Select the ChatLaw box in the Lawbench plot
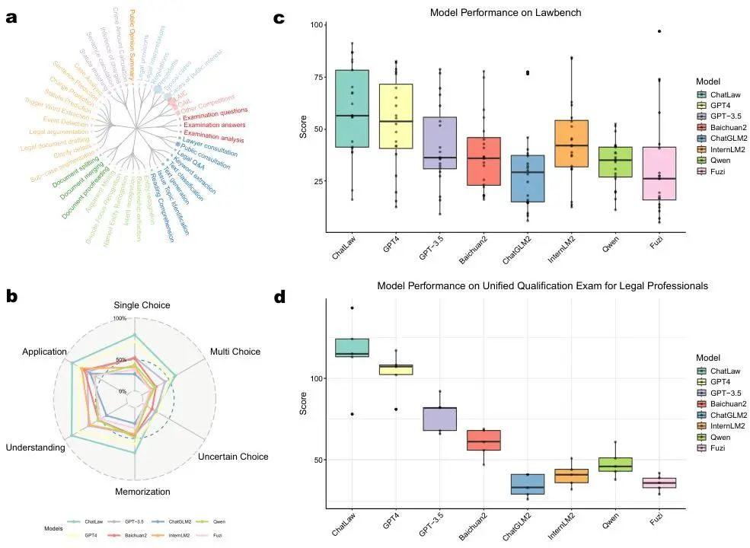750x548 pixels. [x=352, y=109]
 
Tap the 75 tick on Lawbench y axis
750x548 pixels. [x=314, y=77]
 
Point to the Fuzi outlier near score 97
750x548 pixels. [x=659, y=31]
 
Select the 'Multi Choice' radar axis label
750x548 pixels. [x=235, y=352]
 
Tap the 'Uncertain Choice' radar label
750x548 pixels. [x=233, y=457]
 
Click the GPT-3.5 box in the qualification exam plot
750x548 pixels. [x=439, y=419]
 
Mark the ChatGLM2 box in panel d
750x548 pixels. [x=527, y=484]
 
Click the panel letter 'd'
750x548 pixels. [x=279, y=297]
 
